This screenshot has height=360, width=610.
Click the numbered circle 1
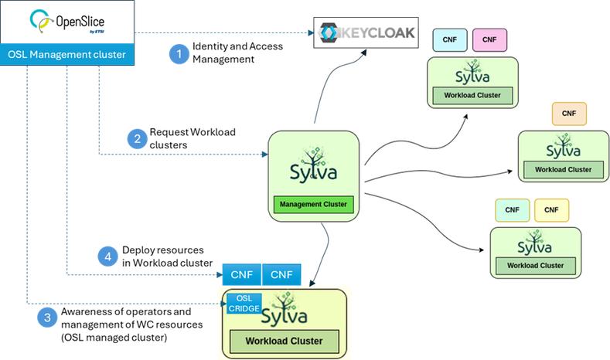(179, 54)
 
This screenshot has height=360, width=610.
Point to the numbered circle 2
(137, 139)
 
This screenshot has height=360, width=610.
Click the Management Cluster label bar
(313, 205)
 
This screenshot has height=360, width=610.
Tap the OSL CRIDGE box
(243, 303)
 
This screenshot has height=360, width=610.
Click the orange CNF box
(570, 114)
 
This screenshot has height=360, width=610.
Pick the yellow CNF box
(551, 209)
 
